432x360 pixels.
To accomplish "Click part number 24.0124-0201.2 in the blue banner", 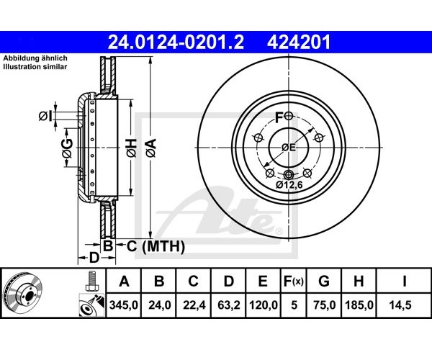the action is point(176,42).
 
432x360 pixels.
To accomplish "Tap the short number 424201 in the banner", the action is point(299,42).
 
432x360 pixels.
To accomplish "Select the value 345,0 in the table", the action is point(124,305).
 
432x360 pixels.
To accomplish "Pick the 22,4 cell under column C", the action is point(194,305).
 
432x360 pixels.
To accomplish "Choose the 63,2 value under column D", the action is point(229,305).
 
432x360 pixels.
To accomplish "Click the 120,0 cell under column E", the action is point(263,305).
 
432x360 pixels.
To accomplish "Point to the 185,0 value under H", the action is point(359,305).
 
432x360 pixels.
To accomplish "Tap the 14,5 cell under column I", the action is point(400,305).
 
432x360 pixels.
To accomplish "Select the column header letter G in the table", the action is point(324,282).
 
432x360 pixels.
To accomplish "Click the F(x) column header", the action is point(294,282).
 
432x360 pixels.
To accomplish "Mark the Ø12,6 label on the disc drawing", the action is point(289,185).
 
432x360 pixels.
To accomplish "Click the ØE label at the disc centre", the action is point(289,148).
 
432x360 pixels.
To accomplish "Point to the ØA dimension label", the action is point(151,148).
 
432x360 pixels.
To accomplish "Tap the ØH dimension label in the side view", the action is point(132,148).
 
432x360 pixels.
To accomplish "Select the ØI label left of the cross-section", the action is point(45,116).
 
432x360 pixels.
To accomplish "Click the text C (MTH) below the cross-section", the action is point(156,246).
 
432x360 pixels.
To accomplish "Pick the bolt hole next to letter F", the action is point(289,116).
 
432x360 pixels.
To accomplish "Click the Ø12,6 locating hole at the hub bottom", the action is point(289,175).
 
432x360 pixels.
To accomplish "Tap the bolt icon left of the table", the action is point(91,281).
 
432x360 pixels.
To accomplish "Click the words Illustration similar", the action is point(35,67).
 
